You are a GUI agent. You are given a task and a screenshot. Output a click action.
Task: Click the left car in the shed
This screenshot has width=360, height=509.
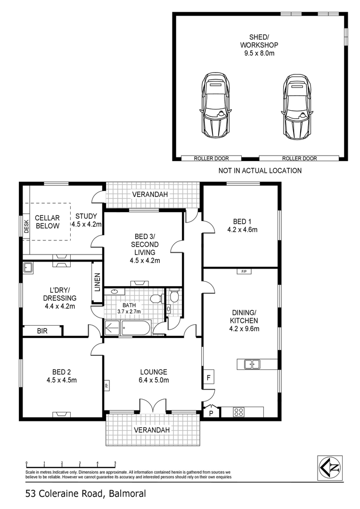215,106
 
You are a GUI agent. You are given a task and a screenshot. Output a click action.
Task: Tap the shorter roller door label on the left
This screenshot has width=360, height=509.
211,158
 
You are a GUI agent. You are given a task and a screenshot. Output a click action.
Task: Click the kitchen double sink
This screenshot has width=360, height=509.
252,364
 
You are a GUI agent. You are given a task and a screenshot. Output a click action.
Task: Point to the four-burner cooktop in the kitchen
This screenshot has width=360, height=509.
239,412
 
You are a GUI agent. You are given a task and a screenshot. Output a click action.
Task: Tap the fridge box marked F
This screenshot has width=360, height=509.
209,378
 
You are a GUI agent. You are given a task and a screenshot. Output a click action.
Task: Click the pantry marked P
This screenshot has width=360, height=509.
211,413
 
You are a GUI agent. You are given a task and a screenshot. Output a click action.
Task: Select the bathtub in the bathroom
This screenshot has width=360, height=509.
136,328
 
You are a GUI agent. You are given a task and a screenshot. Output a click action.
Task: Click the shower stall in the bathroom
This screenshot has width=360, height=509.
112,328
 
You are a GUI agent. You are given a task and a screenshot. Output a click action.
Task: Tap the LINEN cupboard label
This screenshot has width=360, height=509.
97,282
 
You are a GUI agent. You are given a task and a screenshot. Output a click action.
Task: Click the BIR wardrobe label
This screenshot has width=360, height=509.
42,331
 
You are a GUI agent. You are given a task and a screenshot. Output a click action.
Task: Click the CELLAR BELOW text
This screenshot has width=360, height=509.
48,222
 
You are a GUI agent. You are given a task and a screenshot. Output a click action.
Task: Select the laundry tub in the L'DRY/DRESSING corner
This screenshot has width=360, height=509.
28,268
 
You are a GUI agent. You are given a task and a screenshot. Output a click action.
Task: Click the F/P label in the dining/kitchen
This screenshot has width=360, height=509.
244,271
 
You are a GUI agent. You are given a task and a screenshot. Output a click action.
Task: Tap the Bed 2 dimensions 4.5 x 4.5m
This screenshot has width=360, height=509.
62,380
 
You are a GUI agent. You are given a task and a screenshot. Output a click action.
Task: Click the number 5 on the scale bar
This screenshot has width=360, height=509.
115,463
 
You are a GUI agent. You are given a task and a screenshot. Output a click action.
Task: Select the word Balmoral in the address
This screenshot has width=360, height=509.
128,494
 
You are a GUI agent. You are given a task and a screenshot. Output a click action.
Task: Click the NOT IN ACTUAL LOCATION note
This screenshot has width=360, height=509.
260,171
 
